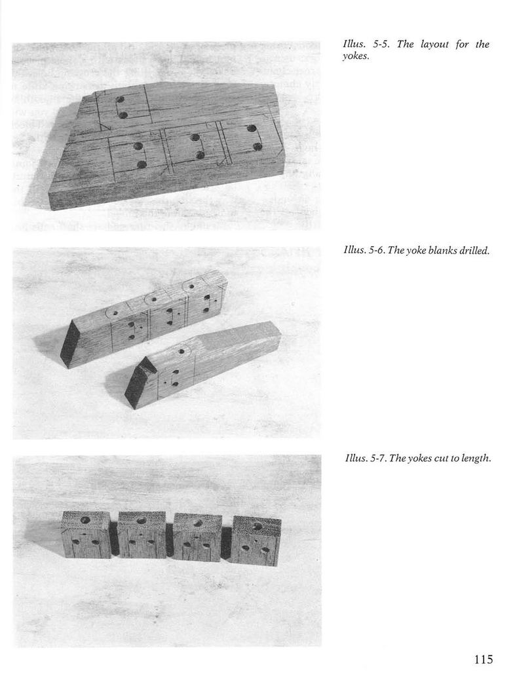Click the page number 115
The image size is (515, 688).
coord(484,659)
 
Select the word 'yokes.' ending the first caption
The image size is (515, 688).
coord(355,56)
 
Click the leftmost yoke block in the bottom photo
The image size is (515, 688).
coord(86,535)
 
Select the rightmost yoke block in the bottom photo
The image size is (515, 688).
coord(256,541)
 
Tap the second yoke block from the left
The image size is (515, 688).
coord(142,535)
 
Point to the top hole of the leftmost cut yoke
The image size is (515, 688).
coord(85,520)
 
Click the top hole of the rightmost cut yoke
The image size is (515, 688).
coord(257,526)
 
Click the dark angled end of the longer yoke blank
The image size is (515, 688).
coord(70,345)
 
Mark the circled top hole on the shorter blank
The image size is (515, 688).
coord(181,352)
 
